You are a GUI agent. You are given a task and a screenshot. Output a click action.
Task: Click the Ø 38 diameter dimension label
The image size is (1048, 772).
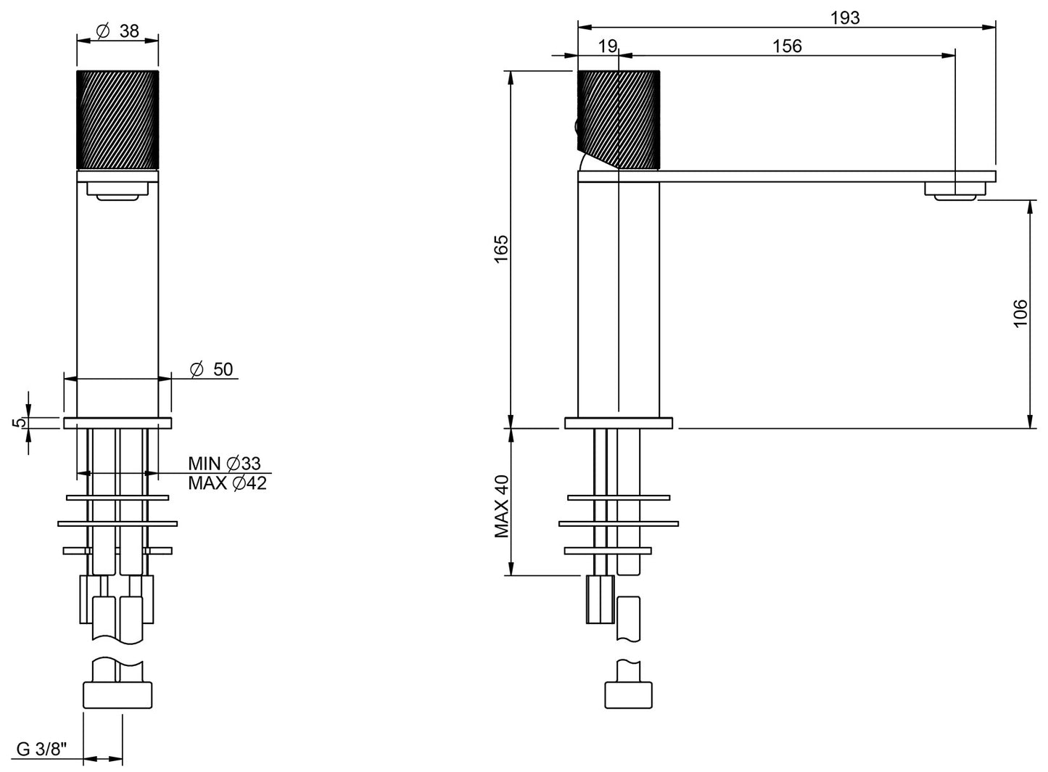(x=117, y=30)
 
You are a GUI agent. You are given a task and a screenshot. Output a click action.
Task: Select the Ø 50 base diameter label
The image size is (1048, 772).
(x=212, y=369)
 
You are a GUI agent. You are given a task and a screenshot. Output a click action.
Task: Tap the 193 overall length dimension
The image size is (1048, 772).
(x=845, y=17)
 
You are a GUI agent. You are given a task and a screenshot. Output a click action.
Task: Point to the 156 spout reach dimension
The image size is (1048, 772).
(x=787, y=46)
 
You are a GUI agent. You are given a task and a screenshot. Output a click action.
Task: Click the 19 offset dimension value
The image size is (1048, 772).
(x=608, y=46)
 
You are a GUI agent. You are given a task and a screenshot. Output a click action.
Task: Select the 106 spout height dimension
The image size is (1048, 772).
(x=1020, y=313)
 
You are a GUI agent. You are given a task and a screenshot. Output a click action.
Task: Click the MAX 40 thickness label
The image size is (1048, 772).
(x=502, y=506)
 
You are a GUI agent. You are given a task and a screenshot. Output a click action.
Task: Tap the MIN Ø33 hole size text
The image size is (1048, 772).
(x=224, y=463)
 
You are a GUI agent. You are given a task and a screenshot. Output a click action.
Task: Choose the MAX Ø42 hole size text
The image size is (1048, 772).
(x=227, y=483)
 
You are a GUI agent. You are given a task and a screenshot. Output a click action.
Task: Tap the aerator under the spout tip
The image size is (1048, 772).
(x=955, y=191)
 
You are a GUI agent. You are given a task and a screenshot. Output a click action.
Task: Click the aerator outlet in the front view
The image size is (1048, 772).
(x=117, y=192)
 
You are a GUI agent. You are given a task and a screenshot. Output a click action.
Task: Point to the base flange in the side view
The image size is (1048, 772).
(x=619, y=422)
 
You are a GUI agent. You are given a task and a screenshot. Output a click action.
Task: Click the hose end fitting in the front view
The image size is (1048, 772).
(x=117, y=694)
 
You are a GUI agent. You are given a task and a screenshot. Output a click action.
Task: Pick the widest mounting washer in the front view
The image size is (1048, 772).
(x=117, y=523)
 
